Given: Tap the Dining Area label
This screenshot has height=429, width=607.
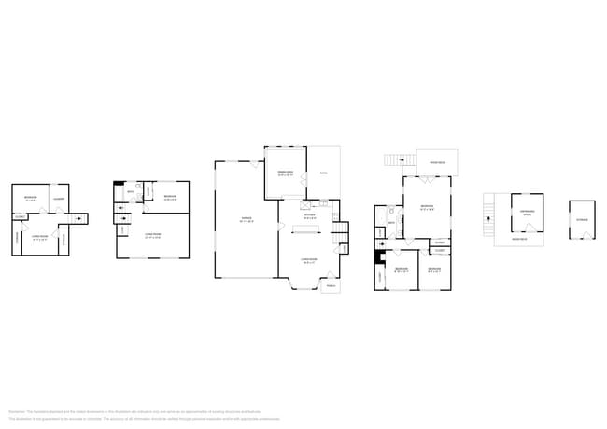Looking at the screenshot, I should click(x=285, y=173).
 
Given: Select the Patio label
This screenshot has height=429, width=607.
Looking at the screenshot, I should click(x=323, y=173).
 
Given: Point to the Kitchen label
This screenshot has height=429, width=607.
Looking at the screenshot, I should click(x=309, y=216).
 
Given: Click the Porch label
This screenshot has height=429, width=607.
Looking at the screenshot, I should click(x=331, y=286).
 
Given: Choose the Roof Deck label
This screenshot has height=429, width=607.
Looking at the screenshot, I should click(x=436, y=162).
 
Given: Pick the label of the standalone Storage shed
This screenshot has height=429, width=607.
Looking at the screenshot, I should click(x=582, y=220).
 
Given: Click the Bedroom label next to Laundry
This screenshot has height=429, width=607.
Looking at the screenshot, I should click(x=31, y=198).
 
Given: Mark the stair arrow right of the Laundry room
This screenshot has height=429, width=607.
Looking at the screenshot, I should click(x=80, y=219).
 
